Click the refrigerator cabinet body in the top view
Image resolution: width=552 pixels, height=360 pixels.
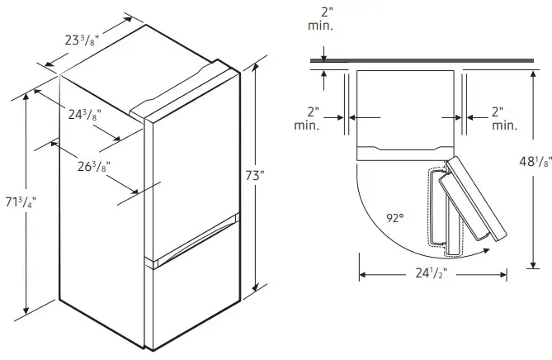(x=404, y=111)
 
